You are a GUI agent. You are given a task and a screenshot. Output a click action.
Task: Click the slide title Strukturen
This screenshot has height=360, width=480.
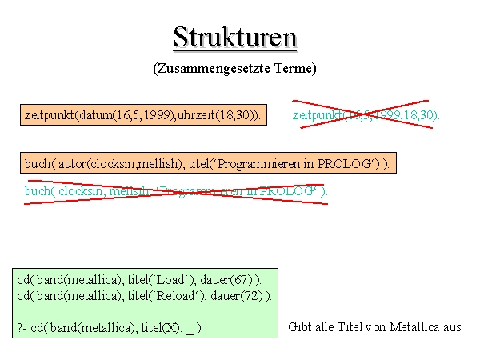234,37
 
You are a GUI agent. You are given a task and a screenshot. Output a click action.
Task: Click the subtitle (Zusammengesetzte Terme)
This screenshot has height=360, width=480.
234,69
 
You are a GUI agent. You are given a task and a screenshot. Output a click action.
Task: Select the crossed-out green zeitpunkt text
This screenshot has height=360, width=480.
366,115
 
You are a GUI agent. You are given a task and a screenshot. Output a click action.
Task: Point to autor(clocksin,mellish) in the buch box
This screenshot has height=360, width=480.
118,163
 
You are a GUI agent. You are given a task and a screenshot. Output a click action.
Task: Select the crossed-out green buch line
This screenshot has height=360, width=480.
176,191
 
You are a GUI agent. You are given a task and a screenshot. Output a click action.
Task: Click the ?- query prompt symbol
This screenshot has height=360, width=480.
22,327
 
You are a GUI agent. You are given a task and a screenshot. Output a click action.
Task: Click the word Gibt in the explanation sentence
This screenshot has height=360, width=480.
298,327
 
